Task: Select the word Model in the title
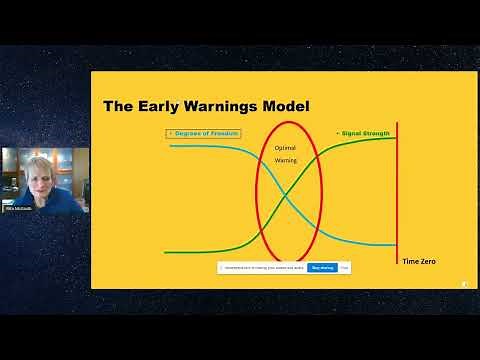point(282,106)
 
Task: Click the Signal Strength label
point(364,133)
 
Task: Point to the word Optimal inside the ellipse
point(285,148)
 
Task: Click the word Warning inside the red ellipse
point(285,160)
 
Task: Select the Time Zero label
point(418,261)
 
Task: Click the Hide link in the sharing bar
point(344,267)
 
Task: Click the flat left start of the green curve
point(180,252)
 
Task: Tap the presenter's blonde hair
point(24,157)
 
